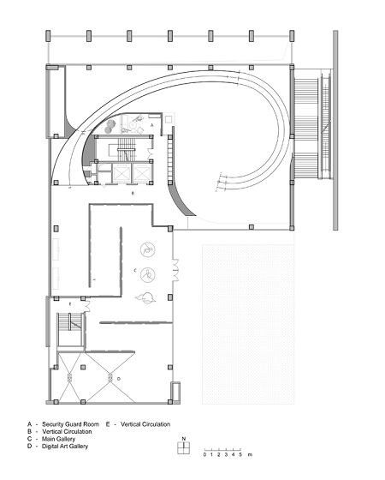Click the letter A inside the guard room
click(152, 125)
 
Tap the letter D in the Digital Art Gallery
click(119, 379)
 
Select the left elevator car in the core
click(121, 173)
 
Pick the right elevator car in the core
click(141, 173)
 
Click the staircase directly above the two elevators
click(127, 149)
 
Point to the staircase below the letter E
click(70, 329)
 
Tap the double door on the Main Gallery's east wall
click(175, 270)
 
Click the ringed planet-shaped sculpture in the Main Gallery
click(145, 298)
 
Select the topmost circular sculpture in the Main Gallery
click(148, 249)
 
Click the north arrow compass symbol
click(184, 447)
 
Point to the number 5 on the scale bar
click(240, 454)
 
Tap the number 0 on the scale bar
click(204, 454)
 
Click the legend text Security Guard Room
click(70, 424)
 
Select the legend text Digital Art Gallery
click(65, 447)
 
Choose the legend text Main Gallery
click(59, 439)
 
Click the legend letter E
click(108, 424)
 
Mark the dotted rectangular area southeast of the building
click(248, 324)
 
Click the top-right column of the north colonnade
click(292, 36)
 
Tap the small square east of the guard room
click(169, 119)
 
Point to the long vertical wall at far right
click(335, 129)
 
